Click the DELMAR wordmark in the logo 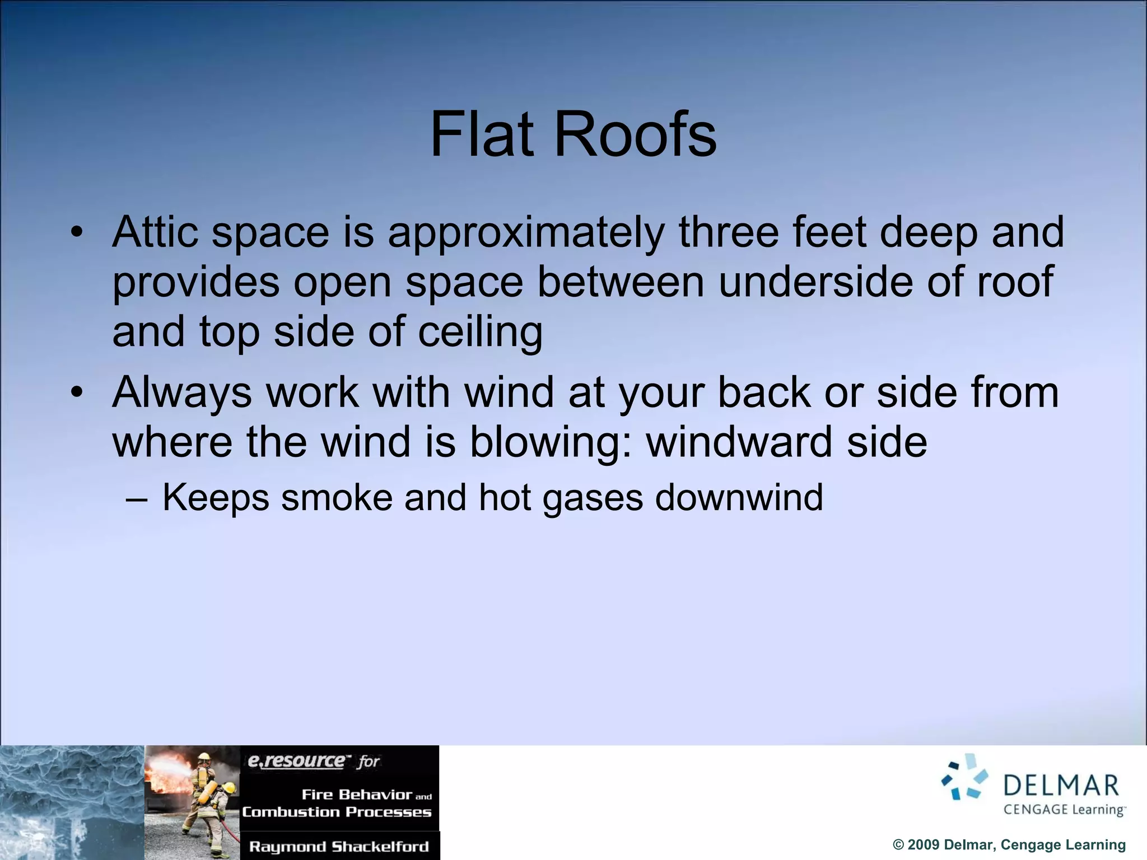coord(1061,786)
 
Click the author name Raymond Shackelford coord(339,847)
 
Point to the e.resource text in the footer coord(296,761)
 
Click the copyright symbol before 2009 coord(898,845)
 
